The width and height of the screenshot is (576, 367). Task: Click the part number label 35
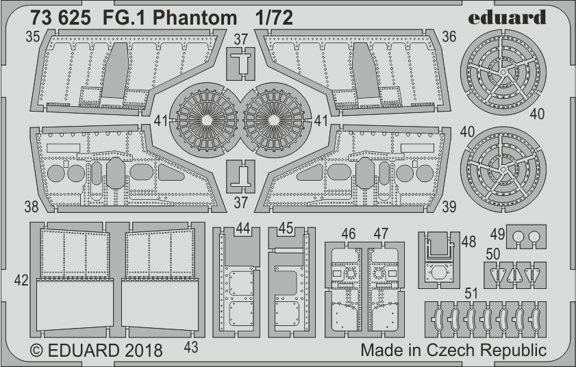pyautogui.click(x=32, y=38)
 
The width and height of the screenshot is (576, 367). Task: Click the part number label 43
pyautogui.click(x=191, y=348)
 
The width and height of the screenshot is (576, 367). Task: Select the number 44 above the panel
pyautogui.click(x=243, y=229)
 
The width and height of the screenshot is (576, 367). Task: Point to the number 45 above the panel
pyautogui.click(x=286, y=229)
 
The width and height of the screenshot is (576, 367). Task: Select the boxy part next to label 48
pyautogui.click(x=436, y=259)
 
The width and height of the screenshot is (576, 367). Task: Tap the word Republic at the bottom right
pyautogui.click(x=514, y=351)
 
